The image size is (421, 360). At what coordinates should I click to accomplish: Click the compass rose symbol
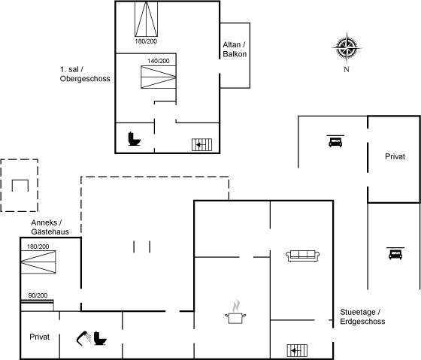347,48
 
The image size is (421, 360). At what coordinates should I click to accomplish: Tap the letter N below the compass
347,69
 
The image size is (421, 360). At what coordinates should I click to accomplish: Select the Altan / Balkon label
235,50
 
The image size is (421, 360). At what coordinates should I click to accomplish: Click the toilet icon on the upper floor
134,139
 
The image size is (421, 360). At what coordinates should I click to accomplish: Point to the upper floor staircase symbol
201,145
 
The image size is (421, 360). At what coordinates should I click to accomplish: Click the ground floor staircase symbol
297,350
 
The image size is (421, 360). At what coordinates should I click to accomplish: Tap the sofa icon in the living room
302,256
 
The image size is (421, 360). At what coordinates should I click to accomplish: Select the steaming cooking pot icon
235,312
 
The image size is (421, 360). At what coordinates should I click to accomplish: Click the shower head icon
83,338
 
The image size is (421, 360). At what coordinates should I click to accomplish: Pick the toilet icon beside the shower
100,338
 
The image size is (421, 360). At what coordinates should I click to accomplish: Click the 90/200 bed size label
38,295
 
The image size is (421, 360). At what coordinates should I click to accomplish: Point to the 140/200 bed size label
159,61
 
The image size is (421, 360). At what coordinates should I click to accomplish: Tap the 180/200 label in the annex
38,247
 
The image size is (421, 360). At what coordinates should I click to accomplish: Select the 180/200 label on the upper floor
146,41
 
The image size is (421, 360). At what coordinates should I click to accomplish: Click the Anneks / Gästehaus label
50,227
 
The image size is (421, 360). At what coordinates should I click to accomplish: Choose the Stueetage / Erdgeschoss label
362,316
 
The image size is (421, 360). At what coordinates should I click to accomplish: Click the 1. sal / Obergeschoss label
85,74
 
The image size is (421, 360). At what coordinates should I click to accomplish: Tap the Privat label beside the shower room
39,337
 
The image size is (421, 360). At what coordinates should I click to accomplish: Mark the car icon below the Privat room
395,253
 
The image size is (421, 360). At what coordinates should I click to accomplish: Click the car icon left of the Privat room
335,141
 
